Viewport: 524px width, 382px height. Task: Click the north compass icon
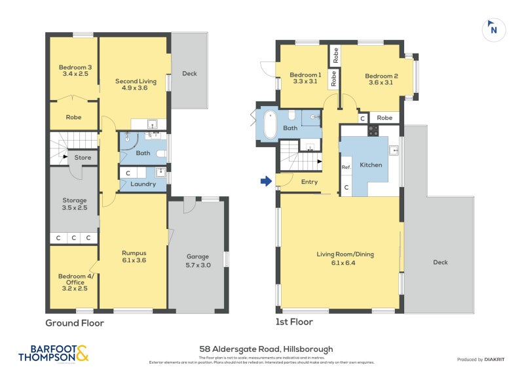493,29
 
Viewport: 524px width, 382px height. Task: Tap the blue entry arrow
266,181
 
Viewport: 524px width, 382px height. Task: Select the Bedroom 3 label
75,71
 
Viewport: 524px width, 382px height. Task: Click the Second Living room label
136,84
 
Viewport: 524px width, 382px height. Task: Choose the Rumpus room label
134,256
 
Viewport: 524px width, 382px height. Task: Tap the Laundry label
143,184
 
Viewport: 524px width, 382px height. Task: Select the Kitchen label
371,165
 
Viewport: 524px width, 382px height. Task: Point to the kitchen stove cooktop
373,130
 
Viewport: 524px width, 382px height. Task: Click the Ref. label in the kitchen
346,167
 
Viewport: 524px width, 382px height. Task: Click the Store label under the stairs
83,157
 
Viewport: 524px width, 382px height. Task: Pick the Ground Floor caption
74,322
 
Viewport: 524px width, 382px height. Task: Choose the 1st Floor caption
294,322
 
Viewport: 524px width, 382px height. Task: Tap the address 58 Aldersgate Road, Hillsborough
266,349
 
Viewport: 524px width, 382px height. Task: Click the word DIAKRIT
498,359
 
